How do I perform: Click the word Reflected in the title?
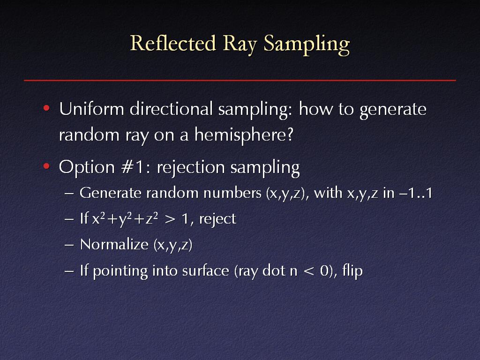click(x=173, y=43)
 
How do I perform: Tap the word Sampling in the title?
click(x=307, y=45)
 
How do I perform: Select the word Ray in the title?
click(x=240, y=45)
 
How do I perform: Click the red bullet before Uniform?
click(x=46, y=108)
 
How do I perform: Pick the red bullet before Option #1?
click(x=46, y=166)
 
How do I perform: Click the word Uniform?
click(x=91, y=109)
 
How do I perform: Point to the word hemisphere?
click(x=244, y=135)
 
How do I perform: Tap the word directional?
click(x=171, y=109)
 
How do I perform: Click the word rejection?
click(x=191, y=168)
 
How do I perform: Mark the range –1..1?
click(x=416, y=193)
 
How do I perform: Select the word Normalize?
click(x=114, y=244)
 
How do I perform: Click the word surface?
click(x=205, y=270)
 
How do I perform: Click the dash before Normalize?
click(x=69, y=245)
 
